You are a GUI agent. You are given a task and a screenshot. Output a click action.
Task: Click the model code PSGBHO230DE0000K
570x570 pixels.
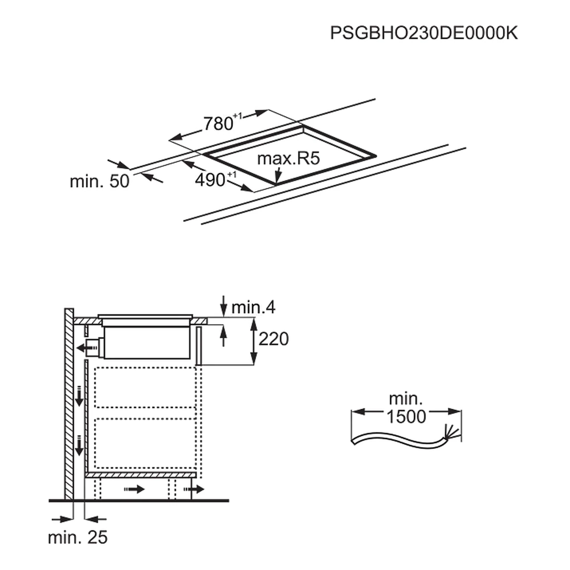pyautogui.click(x=423, y=33)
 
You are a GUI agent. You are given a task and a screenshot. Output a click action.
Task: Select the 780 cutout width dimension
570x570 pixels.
pyautogui.click(x=218, y=123)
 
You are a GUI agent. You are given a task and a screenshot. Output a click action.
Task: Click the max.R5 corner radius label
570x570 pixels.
pyautogui.click(x=289, y=159)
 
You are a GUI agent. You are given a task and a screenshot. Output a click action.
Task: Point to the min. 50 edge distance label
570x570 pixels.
pyautogui.click(x=99, y=181)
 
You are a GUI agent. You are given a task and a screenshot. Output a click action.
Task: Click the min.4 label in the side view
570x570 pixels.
pyautogui.click(x=253, y=307)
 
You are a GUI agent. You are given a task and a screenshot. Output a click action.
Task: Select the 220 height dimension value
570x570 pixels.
pyautogui.click(x=273, y=339)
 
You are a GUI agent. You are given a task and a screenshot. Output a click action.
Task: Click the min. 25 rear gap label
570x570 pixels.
pyautogui.click(x=77, y=537)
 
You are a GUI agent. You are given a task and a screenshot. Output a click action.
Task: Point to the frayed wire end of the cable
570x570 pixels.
pyautogui.click(x=450, y=432)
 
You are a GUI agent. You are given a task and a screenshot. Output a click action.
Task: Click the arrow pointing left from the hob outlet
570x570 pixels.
pyautogui.click(x=82, y=346)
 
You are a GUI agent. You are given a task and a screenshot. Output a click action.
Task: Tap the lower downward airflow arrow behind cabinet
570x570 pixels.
pyautogui.click(x=79, y=445)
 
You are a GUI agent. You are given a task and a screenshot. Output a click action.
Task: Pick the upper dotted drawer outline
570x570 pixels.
pyautogui.click(x=146, y=387)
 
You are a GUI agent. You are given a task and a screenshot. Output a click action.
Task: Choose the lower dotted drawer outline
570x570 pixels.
pyautogui.click(x=146, y=443)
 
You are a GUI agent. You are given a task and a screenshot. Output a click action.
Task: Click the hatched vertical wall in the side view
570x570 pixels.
pyautogui.click(x=69, y=401)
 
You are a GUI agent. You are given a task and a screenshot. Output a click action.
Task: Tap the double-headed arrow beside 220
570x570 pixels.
pyautogui.click(x=253, y=341)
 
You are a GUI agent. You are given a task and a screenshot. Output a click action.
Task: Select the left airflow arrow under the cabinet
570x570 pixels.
pyautogui.click(x=135, y=489)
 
